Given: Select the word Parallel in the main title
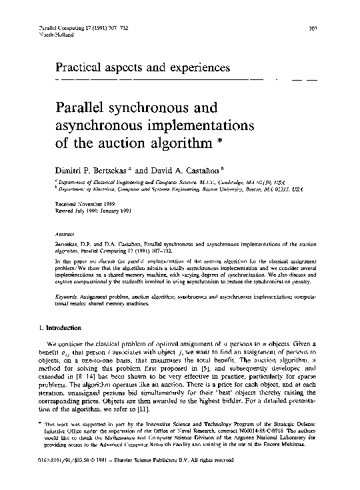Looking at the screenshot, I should [x=71, y=107].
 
